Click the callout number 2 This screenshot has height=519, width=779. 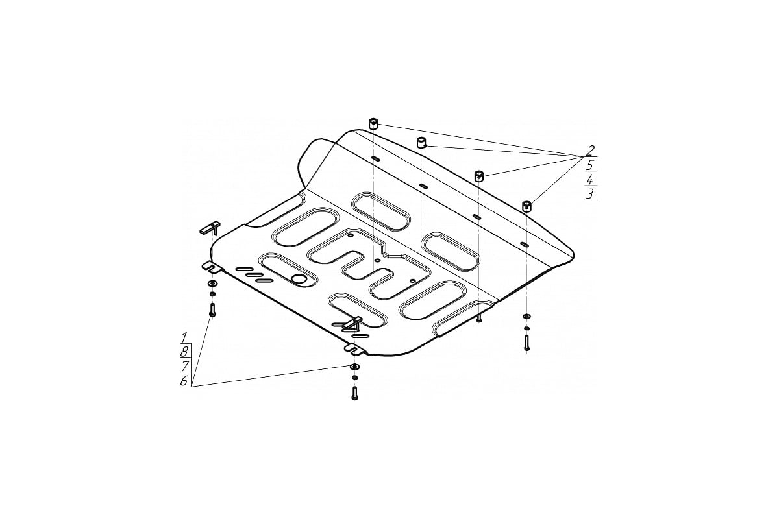[x=590, y=151]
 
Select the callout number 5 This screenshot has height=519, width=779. [x=590, y=164]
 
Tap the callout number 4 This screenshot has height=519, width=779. [x=589, y=179]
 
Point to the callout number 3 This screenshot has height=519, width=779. [x=589, y=194]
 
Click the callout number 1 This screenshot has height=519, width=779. [x=184, y=337]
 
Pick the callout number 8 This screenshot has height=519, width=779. [x=184, y=352]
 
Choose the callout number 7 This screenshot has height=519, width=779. [x=184, y=367]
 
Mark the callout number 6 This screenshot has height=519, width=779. [x=184, y=381]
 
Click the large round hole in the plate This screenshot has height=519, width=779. [x=299, y=278]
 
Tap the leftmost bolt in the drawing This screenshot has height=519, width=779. [x=212, y=309]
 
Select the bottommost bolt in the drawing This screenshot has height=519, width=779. [x=354, y=393]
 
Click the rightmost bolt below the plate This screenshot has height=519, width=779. [x=527, y=343]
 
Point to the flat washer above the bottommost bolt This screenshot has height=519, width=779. [x=354, y=367]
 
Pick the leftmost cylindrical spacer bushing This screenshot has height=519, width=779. [x=373, y=124]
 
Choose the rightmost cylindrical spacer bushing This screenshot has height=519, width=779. [x=527, y=206]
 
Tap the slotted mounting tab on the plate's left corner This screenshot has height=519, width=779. [x=211, y=267]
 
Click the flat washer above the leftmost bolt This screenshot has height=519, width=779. [x=212, y=284]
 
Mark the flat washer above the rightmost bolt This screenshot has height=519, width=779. [x=527, y=316]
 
